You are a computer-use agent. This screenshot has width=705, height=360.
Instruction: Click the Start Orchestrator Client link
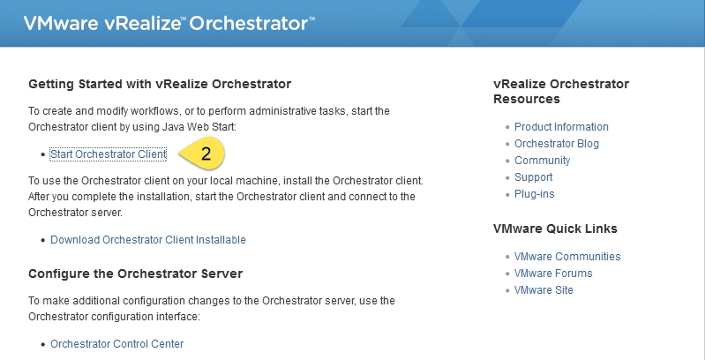click(109, 154)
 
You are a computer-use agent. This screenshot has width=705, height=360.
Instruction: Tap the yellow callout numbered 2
click(202, 154)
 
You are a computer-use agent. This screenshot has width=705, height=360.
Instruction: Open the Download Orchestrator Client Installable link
click(148, 239)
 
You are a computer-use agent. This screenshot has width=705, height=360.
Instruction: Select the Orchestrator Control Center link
click(116, 344)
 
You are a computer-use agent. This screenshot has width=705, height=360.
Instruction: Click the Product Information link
click(561, 127)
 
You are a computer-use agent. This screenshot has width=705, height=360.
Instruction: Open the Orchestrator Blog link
click(557, 143)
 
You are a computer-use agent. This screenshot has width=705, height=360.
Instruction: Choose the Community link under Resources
click(543, 161)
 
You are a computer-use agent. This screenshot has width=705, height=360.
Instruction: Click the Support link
click(533, 177)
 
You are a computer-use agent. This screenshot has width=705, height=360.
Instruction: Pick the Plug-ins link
click(534, 194)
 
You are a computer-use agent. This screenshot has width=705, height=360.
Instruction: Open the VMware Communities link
click(567, 256)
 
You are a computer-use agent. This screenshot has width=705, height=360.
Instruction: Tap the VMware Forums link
click(553, 273)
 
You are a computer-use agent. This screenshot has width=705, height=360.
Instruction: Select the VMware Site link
click(544, 290)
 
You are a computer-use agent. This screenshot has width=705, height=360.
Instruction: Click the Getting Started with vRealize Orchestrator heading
click(160, 84)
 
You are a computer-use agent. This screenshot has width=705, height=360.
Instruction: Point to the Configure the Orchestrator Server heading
click(135, 274)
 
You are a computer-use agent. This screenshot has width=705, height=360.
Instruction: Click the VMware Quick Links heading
click(555, 229)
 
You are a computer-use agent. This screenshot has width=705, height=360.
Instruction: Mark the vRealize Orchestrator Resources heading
click(561, 91)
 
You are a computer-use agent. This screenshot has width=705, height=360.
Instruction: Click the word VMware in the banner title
click(61, 23)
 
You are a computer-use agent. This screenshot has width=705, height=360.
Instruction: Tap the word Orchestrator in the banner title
click(249, 23)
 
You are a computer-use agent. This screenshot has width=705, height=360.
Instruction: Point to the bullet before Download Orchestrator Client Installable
click(43, 240)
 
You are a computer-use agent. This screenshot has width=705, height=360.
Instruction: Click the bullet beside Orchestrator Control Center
click(43, 344)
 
